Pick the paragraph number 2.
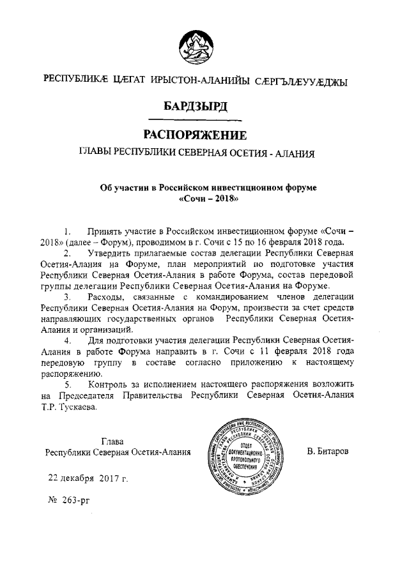[66, 254]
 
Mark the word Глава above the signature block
[113, 441]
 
